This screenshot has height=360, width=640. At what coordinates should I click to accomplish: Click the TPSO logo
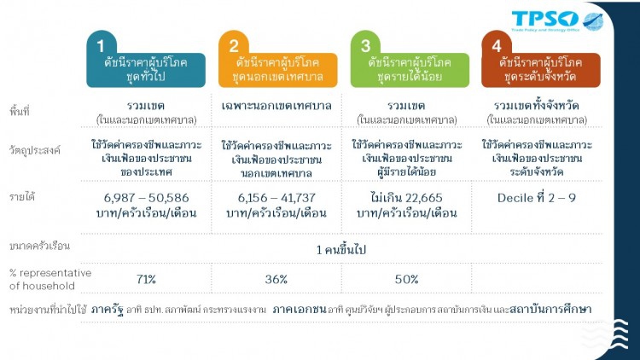(556, 20)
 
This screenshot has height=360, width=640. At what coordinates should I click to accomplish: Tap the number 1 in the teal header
(101, 44)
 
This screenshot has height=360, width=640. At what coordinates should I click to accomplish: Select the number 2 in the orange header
(233, 44)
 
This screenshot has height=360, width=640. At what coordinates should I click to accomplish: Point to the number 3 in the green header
(365, 44)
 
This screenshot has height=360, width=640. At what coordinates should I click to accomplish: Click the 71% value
(145, 279)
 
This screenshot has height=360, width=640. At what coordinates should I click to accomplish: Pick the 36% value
(276, 279)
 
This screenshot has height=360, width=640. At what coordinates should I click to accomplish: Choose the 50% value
(406, 279)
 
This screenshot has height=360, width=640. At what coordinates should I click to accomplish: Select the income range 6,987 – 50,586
(145, 197)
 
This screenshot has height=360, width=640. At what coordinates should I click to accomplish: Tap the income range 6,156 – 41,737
(276, 197)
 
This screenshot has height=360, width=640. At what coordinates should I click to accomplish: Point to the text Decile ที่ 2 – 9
(538, 197)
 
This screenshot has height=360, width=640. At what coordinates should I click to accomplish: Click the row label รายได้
(23, 197)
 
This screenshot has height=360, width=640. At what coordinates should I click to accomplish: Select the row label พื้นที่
(20, 112)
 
